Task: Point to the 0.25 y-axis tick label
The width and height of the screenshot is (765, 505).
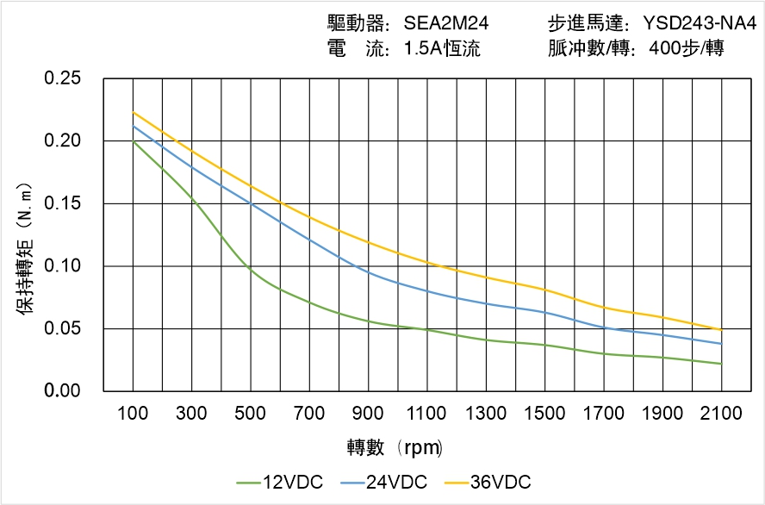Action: pyautogui.click(x=63, y=78)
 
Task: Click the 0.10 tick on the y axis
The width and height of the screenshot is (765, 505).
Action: pyautogui.click(x=63, y=265)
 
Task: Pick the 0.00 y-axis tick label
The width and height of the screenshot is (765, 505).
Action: pyautogui.click(x=63, y=391)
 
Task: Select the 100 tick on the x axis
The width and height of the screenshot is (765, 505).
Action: pyautogui.click(x=133, y=414)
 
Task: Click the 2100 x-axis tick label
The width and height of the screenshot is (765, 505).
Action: pyautogui.click(x=721, y=414)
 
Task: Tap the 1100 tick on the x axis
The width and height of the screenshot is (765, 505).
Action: pyautogui.click(x=426, y=414)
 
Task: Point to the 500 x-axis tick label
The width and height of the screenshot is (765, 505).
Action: pyautogui.click(x=250, y=414)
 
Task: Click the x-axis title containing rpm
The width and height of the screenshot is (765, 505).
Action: pyautogui.click(x=395, y=447)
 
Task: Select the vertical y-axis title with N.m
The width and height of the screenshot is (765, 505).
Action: pyautogui.click(x=26, y=259)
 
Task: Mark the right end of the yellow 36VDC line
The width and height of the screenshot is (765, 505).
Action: pyautogui.click(x=721, y=330)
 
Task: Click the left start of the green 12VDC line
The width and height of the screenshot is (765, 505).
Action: pyautogui.click(x=134, y=141)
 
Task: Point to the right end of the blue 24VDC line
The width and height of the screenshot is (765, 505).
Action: pyautogui.click(x=721, y=344)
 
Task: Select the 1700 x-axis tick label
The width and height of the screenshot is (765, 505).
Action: pyautogui.click(x=603, y=414)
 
